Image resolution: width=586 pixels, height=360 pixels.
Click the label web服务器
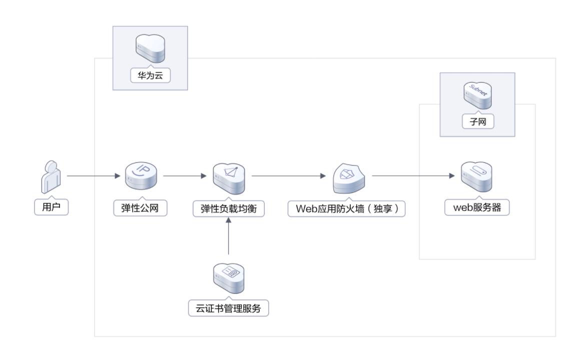click(477, 208)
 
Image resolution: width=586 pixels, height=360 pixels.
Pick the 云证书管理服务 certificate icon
click(229, 277)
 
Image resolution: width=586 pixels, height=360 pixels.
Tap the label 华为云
click(151, 76)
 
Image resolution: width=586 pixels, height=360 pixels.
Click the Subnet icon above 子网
click(477, 94)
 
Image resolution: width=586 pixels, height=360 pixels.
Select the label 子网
click(477, 121)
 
